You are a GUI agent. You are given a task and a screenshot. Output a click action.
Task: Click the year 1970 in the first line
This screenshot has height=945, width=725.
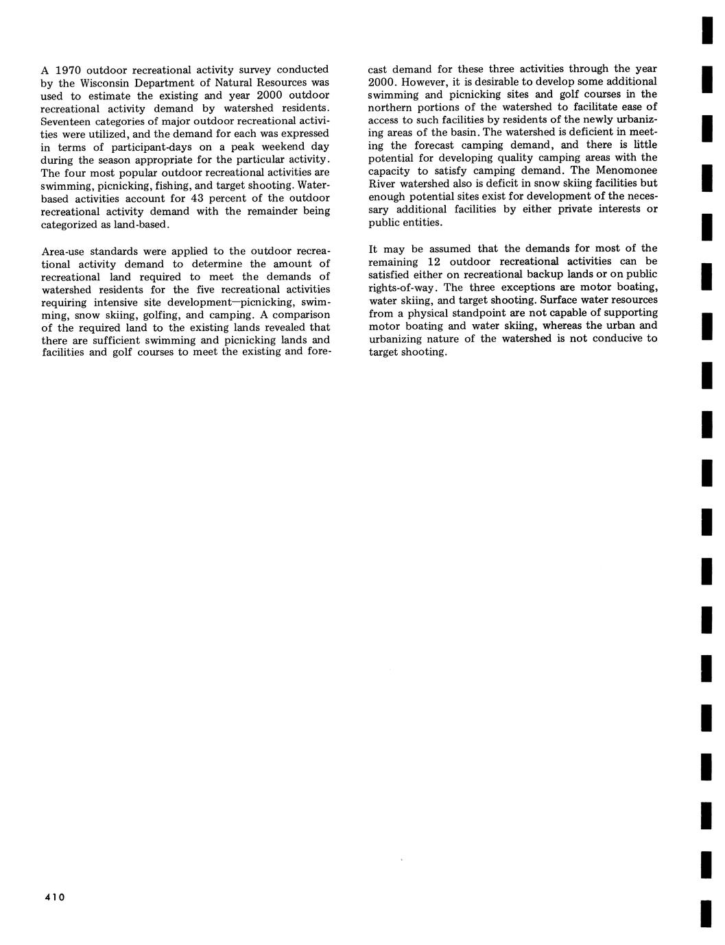point(68,70)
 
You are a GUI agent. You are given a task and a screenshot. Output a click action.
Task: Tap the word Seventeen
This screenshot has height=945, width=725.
point(66,121)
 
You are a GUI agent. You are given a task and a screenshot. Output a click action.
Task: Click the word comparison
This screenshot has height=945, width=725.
point(300,315)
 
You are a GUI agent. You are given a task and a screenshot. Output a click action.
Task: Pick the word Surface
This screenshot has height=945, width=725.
point(560,300)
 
